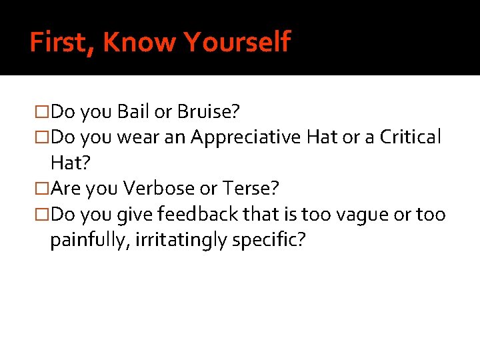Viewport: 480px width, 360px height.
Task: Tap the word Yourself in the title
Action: click(237, 43)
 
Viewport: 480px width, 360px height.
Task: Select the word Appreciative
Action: click(246, 137)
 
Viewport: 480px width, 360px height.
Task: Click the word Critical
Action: click(410, 137)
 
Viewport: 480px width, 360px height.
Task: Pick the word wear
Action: click(137, 137)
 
